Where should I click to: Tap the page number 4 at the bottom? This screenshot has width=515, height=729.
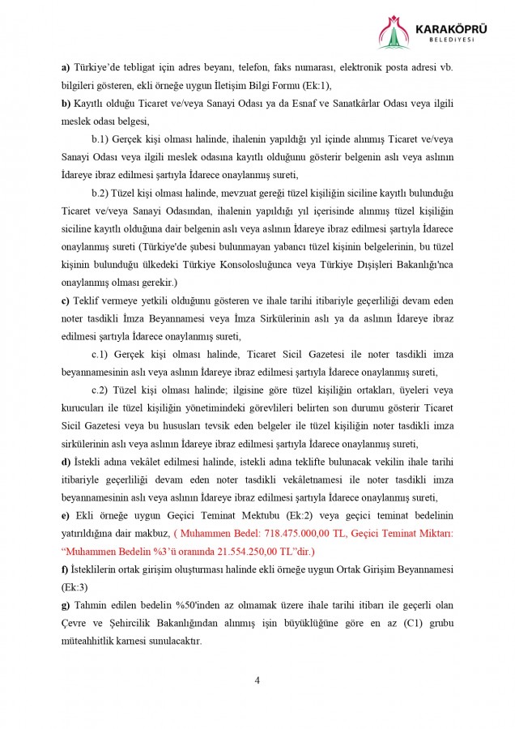257,680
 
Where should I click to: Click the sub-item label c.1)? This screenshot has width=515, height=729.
104,354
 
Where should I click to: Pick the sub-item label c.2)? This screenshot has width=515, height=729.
104,390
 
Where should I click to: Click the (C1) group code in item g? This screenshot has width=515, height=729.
409,622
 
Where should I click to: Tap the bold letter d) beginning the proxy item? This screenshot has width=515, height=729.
66,461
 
